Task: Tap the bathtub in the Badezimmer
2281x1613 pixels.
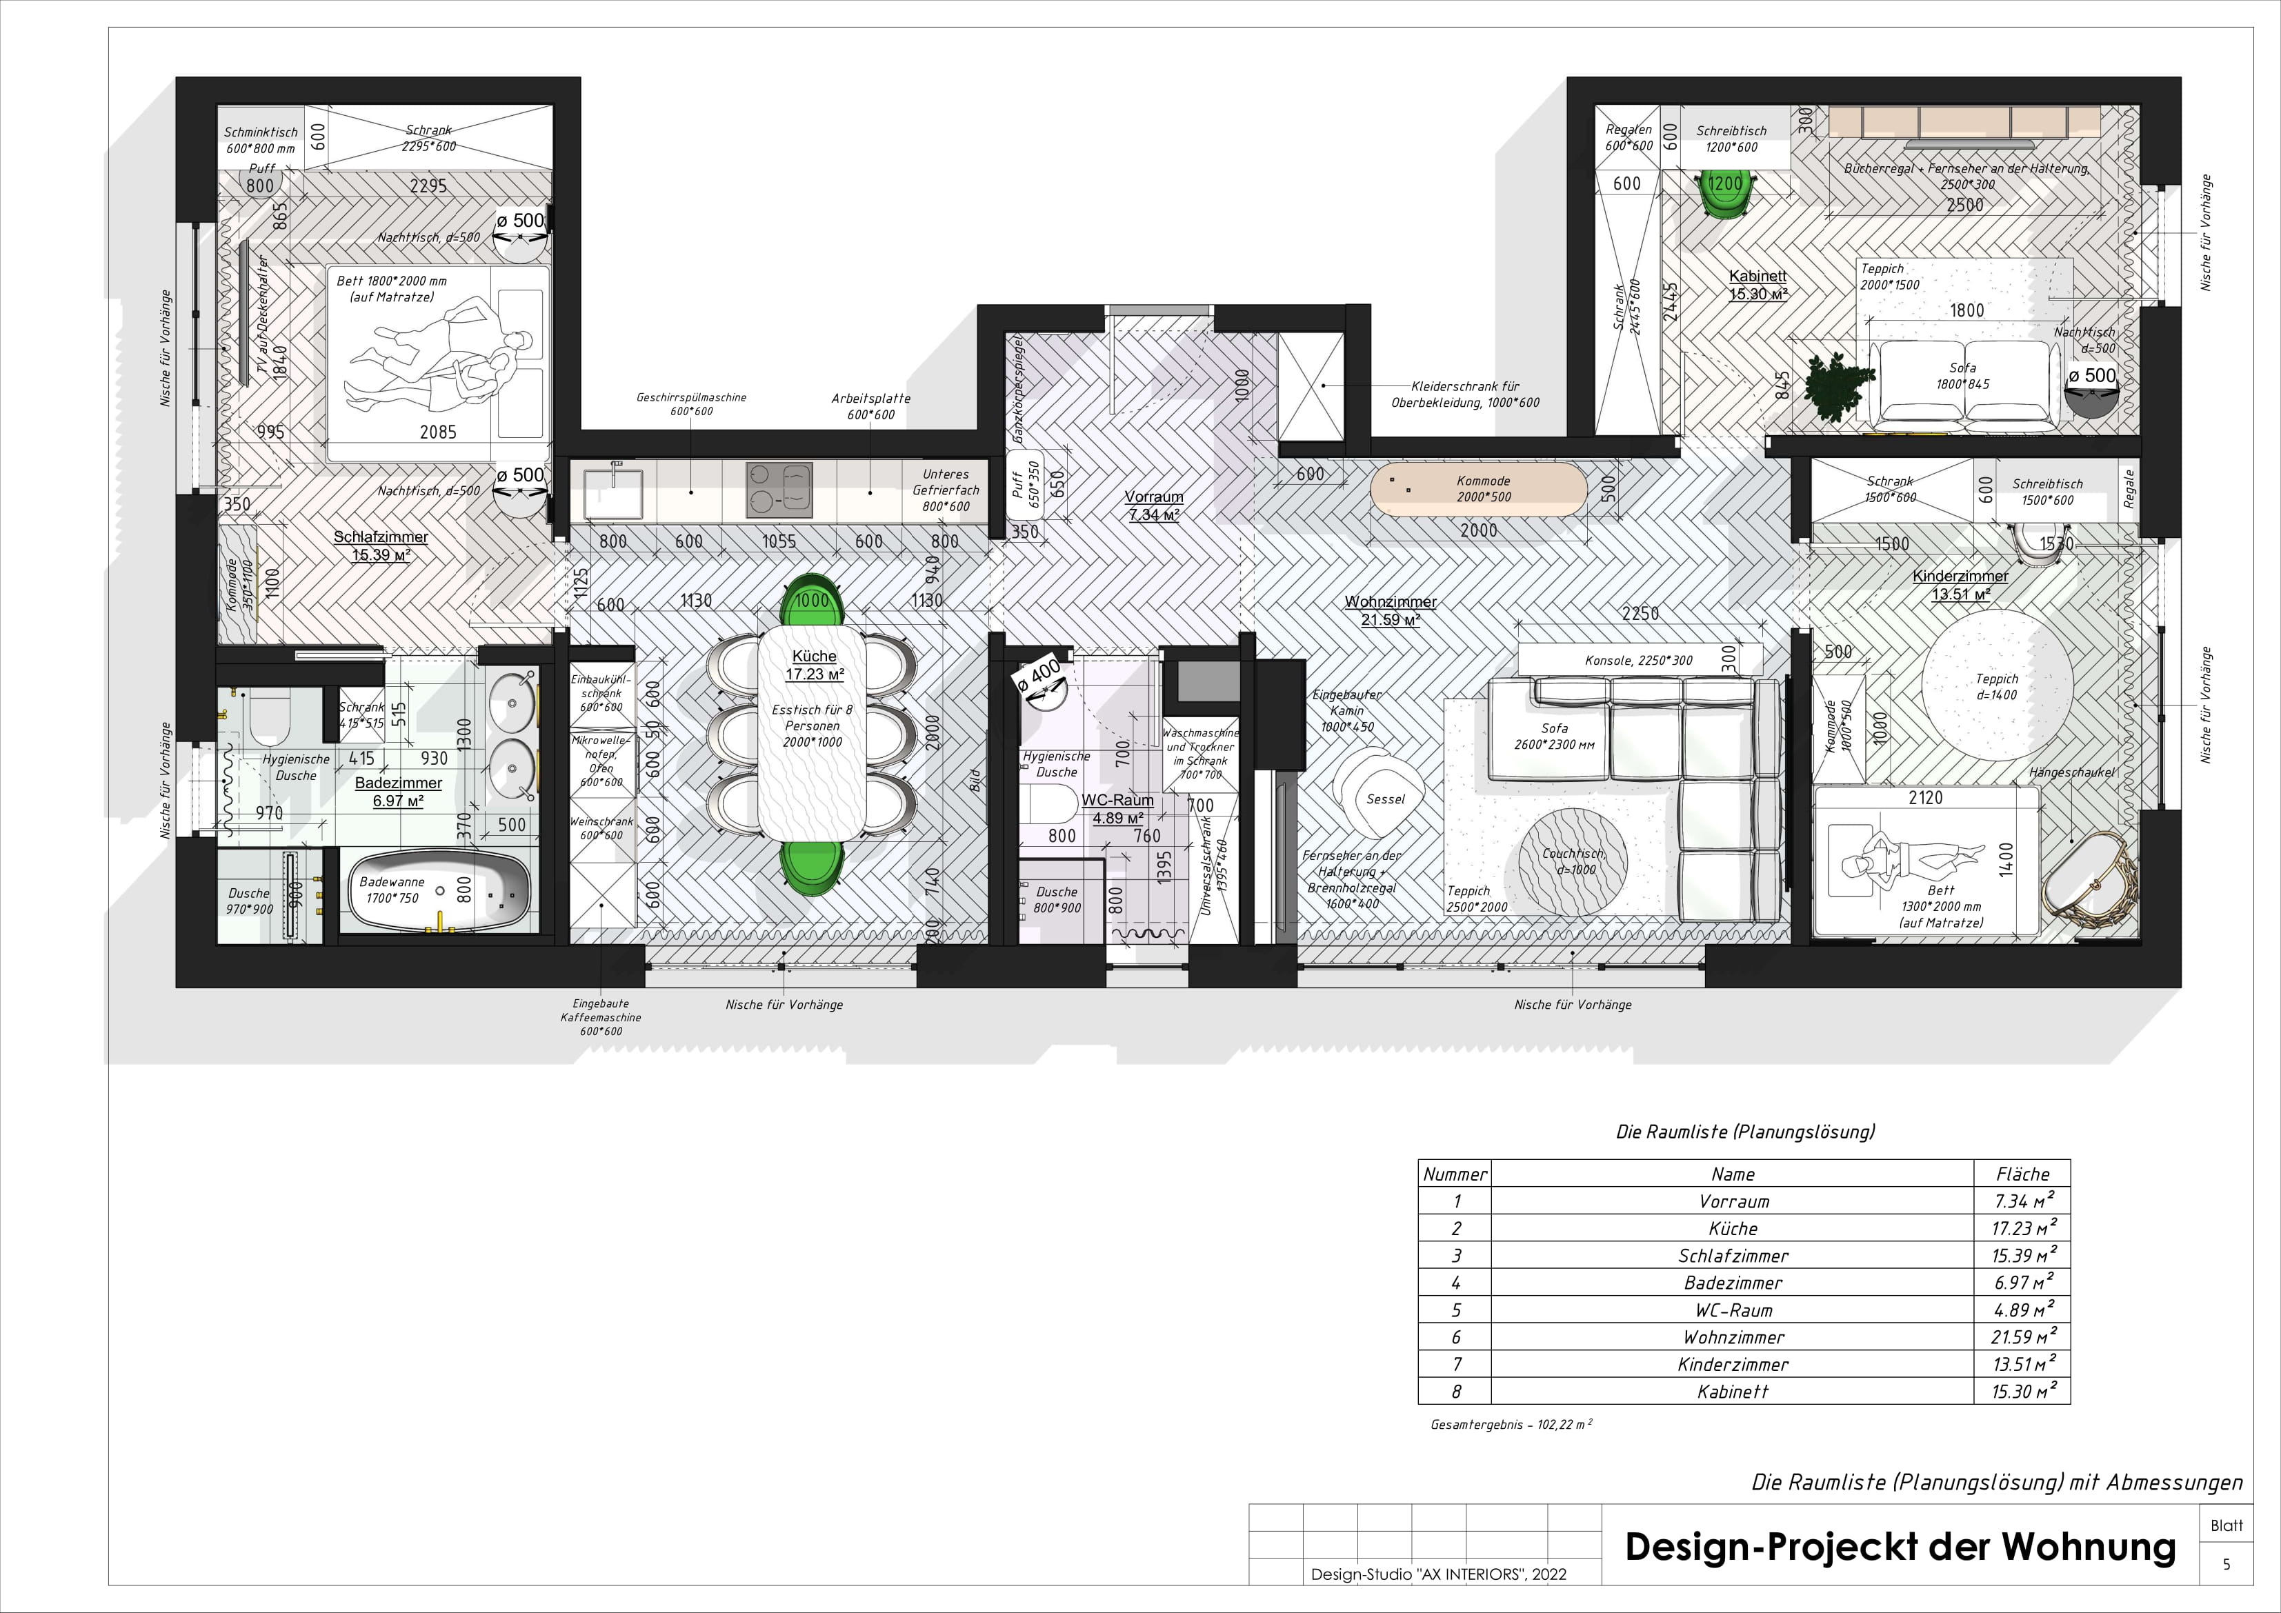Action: (x=438, y=891)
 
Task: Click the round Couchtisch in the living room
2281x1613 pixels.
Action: (x=1573, y=859)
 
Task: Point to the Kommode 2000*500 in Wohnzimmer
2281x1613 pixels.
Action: (x=1480, y=489)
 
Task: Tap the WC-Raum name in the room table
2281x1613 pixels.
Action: (x=1733, y=1310)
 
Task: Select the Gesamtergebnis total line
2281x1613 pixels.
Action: (x=1510, y=1424)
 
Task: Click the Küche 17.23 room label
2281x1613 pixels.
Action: (x=814, y=665)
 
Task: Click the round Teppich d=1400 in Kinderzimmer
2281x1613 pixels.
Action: (x=1997, y=685)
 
